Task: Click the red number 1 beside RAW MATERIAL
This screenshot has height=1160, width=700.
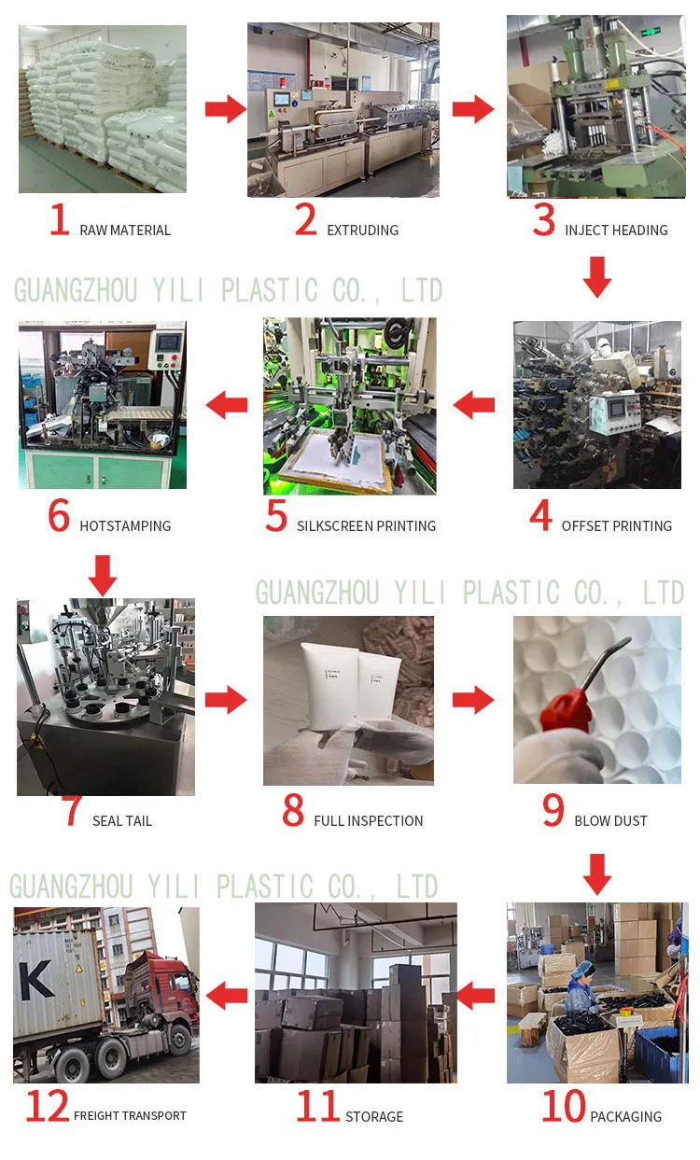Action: (60, 220)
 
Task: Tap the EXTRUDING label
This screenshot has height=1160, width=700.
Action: (362, 231)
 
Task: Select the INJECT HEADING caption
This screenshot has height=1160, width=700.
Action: (616, 231)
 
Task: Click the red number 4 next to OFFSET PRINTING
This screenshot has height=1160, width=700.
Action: (540, 516)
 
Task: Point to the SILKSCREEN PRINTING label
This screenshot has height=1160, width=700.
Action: (366, 526)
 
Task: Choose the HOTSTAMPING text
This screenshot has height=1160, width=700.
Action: (125, 526)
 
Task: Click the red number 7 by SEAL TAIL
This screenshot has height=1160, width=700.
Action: (72, 810)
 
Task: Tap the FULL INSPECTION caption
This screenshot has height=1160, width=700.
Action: (368, 821)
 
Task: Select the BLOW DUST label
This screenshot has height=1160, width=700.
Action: (610, 821)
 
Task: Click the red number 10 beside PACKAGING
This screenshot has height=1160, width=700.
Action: (563, 1107)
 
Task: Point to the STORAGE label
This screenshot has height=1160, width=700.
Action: (373, 1116)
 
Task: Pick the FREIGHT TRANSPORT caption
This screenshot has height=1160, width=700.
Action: (130, 1116)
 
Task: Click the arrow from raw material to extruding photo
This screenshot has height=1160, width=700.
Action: (225, 110)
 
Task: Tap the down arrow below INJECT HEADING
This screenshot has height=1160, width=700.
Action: (597, 276)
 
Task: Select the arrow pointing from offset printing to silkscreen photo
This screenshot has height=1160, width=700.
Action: (474, 405)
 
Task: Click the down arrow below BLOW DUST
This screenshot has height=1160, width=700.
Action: (597, 873)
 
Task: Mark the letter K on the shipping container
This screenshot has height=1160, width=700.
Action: (36, 979)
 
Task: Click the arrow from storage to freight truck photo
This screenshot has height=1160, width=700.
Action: (227, 996)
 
